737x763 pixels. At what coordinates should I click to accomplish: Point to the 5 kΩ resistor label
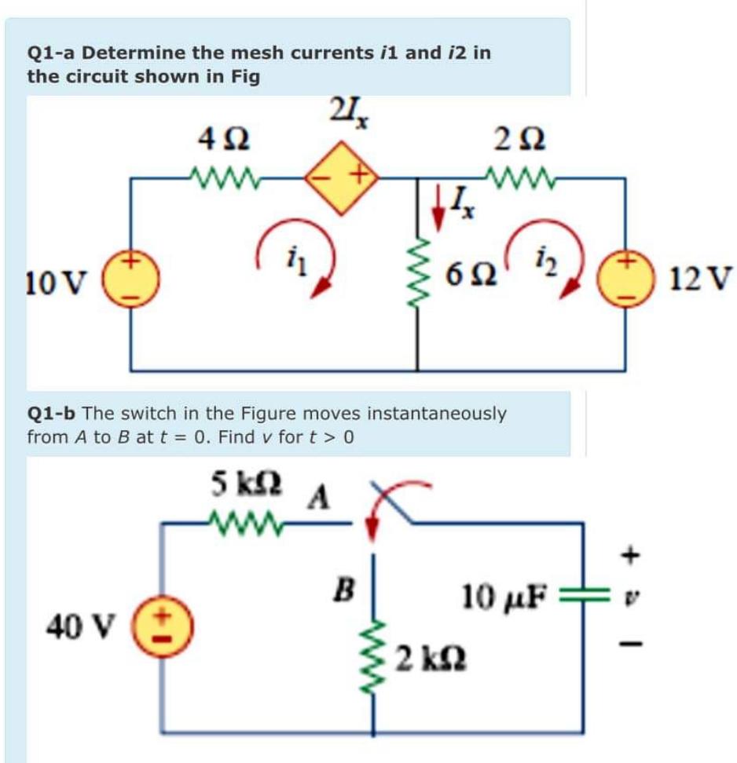(x=240, y=482)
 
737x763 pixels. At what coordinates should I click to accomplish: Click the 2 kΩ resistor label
(x=427, y=654)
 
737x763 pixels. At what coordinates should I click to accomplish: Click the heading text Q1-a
(x=51, y=53)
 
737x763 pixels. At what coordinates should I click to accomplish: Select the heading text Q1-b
(x=52, y=412)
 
